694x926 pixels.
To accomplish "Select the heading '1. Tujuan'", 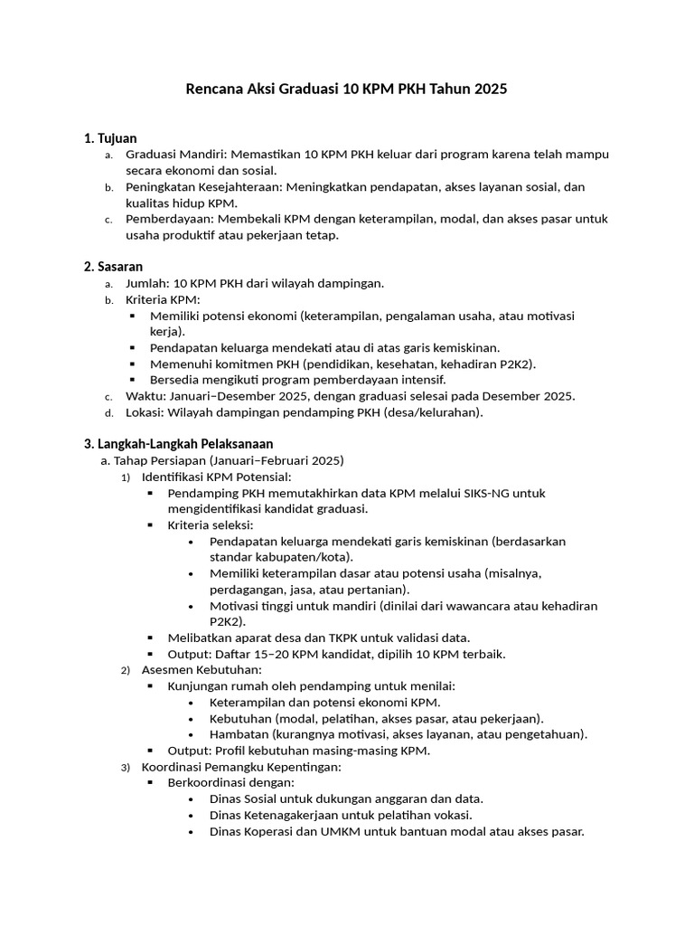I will pos(110,138).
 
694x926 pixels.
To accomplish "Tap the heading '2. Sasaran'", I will pos(113,266).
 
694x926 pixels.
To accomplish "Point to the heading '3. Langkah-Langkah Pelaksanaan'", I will pos(178,444).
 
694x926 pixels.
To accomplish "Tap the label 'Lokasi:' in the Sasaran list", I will pos(145,412).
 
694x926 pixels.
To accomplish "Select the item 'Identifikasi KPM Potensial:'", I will pos(216,477).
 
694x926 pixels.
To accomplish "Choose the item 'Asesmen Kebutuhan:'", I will pos(202,669).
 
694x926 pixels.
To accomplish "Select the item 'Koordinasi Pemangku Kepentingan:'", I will pos(241,767).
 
